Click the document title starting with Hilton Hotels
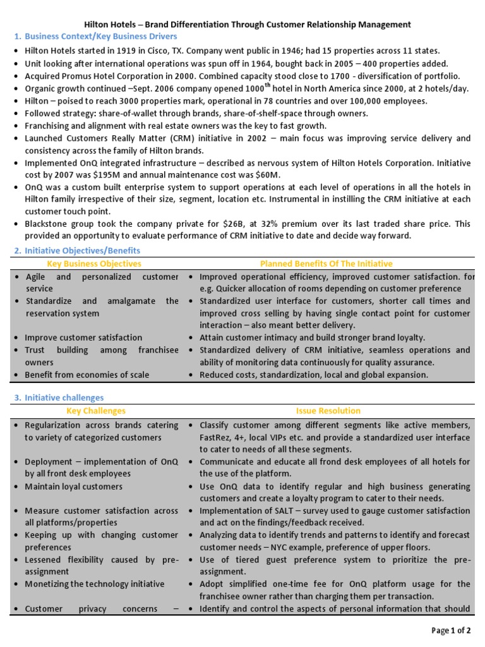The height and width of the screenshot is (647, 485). [242, 25]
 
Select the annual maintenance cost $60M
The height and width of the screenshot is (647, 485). [267, 174]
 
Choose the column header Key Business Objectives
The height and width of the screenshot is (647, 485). [95, 263]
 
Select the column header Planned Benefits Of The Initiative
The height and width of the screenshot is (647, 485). [326, 263]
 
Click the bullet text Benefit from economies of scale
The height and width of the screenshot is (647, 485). [87, 375]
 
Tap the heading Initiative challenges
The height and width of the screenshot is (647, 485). [64, 397]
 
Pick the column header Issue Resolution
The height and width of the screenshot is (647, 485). [328, 411]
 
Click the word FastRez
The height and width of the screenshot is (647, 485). [215, 438]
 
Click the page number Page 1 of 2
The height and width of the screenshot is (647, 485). [452, 630]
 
